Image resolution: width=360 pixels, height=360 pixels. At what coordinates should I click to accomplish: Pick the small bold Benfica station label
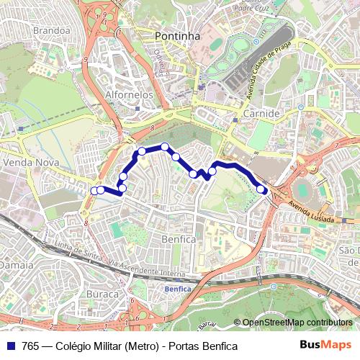[x=178, y=288]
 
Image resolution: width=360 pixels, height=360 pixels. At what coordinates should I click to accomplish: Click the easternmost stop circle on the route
[x=261, y=189]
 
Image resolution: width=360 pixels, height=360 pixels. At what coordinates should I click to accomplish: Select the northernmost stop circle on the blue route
[x=165, y=147]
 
